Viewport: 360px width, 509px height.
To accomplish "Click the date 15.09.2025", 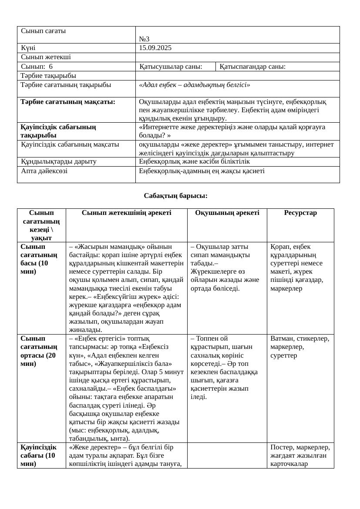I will click(155, 48).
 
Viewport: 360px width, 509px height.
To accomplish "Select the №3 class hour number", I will click(144, 40).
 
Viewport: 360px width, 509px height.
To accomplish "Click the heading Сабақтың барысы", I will click(175, 196).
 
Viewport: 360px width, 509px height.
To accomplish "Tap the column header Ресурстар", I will click(300, 213).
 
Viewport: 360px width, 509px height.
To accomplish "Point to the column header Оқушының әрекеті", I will click(227, 213).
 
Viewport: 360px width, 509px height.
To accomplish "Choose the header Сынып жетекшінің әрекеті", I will click(126, 213).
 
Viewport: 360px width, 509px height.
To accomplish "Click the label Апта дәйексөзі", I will click(44, 171).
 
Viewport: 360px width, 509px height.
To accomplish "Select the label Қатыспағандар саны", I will click(252, 67).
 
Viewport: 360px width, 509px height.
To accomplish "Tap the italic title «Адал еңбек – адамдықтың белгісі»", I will click(194, 85).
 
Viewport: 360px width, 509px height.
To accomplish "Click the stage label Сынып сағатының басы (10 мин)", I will click(39, 259).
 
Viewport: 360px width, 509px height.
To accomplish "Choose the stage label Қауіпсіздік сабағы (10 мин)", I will click(39, 455).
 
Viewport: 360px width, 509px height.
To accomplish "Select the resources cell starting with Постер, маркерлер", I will click(300, 455).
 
